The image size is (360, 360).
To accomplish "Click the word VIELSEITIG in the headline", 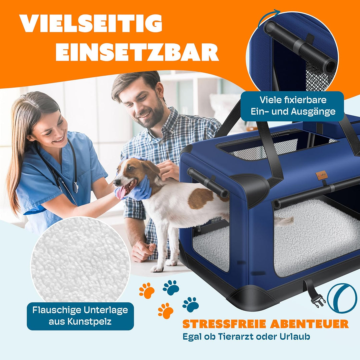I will click(91, 23).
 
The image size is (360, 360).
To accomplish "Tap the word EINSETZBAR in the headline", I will click(137, 52).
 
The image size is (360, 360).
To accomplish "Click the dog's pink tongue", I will click(120, 192).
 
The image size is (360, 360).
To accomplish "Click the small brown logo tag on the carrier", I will click(322, 175).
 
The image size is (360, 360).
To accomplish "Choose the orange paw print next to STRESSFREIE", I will click(165, 311).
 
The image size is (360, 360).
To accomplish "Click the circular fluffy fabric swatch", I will click(80, 260).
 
